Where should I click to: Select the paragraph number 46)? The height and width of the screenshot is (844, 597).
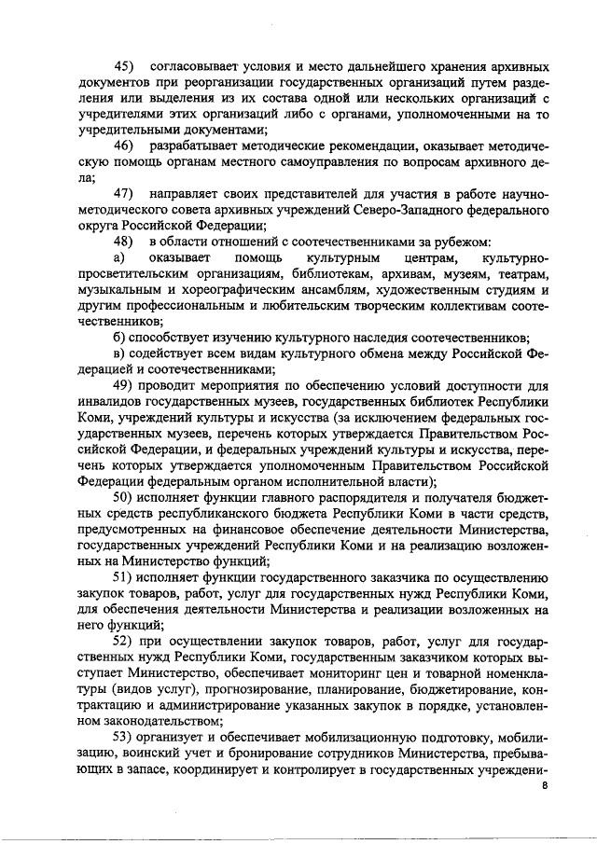point(125,146)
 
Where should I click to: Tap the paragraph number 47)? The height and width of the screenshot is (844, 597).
point(125,193)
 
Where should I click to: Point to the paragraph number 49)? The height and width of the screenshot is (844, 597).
point(125,385)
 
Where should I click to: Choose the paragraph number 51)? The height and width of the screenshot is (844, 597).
point(125,577)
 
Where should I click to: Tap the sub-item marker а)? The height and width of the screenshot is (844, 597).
point(119,256)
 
